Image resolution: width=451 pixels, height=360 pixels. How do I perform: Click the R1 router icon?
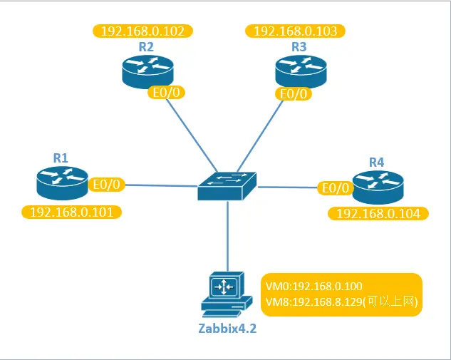tap(62, 183)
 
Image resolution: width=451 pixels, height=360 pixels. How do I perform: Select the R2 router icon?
tap(148, 72)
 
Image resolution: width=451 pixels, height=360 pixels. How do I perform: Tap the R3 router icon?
tap(301, 72)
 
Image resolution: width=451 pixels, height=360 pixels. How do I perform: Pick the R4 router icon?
tap(378, 187)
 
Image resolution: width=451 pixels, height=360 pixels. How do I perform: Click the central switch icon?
tap(227, 186)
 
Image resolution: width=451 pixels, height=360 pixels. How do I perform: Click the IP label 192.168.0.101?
tap(72, 212)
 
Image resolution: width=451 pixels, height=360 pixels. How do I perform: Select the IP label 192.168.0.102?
tap(142, 31)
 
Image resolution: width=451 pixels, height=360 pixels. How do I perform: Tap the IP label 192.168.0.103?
tap(296, 31)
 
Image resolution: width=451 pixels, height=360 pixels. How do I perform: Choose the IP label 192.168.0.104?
tap(378, 214)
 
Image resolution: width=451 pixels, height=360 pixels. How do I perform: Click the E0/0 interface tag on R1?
tap(106, 185)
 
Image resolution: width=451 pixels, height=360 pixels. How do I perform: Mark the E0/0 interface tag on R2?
tap(166, 93)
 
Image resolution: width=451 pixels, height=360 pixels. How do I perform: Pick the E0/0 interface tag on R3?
tap(294, 94)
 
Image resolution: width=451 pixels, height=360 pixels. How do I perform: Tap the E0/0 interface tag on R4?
tap(336, 188)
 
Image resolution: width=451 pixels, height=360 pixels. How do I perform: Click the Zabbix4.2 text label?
tap(227, 329)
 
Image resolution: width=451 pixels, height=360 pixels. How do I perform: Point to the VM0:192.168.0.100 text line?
tap(313, 287)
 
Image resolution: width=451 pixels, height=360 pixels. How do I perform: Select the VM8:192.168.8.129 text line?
tap(341, 302)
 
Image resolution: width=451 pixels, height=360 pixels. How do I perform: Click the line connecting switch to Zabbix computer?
tap(228, 236)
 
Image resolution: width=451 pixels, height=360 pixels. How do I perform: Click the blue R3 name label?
tap(299, 46)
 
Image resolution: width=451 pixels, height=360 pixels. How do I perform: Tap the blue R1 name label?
tap(61, 158)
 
